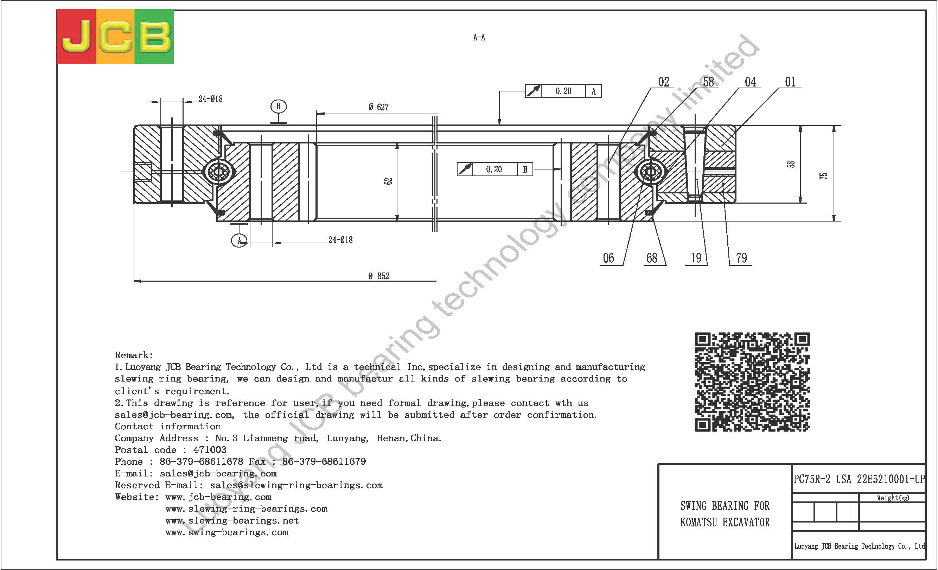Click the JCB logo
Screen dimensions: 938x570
click(115, 37)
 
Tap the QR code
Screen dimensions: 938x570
click(752, 382)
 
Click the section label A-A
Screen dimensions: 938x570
click(479, 37)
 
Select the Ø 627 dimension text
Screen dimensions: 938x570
click(378, 107)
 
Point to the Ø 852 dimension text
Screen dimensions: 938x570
click(379, 276)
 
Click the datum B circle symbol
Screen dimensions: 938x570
click(278, 107)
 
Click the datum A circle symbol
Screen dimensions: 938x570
click(239, 241)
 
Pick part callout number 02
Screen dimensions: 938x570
click(664, 82)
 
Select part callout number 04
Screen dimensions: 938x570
click(750, 82)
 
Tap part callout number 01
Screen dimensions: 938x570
click(790, 82)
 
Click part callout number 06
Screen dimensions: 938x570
click(608, 258)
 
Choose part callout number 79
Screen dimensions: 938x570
click(741, 258)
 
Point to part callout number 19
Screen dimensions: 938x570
click(696, 258)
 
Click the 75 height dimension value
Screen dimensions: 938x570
click(823, 176)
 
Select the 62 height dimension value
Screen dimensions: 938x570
click(388, 181)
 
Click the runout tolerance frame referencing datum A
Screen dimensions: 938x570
click(563, 91)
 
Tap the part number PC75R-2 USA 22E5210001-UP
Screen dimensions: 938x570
click(859, 479)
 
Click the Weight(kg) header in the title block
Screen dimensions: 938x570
click(893, 498)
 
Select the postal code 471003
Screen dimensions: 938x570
click(210, 450)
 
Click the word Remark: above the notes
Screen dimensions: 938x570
click(134, 355)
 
